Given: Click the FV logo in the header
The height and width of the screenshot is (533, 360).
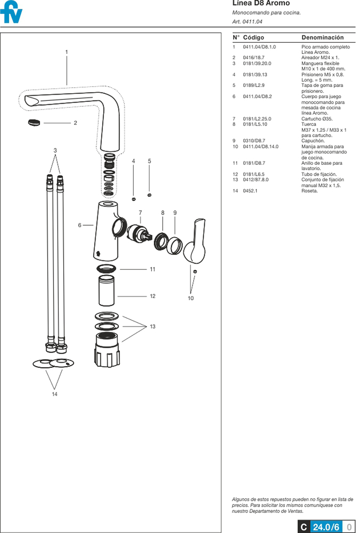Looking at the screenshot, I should pos(11,12).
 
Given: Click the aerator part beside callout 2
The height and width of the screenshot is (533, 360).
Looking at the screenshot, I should pos(34,122).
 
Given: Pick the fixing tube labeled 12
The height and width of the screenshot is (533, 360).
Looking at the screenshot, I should pos(107,290).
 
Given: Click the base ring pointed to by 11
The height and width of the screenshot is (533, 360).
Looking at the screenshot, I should pos(106,269).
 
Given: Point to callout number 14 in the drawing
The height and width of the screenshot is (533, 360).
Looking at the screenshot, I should pos(54,394).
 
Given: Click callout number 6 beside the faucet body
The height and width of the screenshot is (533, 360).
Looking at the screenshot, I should pos(80,225).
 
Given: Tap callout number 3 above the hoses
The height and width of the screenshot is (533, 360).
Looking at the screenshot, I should pos(55,150).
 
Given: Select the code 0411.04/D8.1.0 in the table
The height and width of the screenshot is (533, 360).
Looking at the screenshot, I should pos(259,47).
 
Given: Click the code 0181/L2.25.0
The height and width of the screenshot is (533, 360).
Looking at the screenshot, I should pos(257,119).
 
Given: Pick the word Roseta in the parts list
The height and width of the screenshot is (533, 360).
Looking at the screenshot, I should pos(309,191).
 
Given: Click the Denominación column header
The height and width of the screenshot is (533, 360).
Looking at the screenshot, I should pos(322,37).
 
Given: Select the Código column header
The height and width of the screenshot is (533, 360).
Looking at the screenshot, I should pos(253,37).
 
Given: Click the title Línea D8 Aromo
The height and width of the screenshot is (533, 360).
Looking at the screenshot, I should pos(261,3).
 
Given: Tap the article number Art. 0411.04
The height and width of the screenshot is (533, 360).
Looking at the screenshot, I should pos(247,21).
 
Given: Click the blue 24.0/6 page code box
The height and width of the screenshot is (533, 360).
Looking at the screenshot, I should pos(326,527).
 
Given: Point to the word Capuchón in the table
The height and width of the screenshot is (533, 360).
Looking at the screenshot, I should pos(313,141).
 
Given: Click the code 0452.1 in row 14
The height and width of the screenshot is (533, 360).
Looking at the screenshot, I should pos(250,191).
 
